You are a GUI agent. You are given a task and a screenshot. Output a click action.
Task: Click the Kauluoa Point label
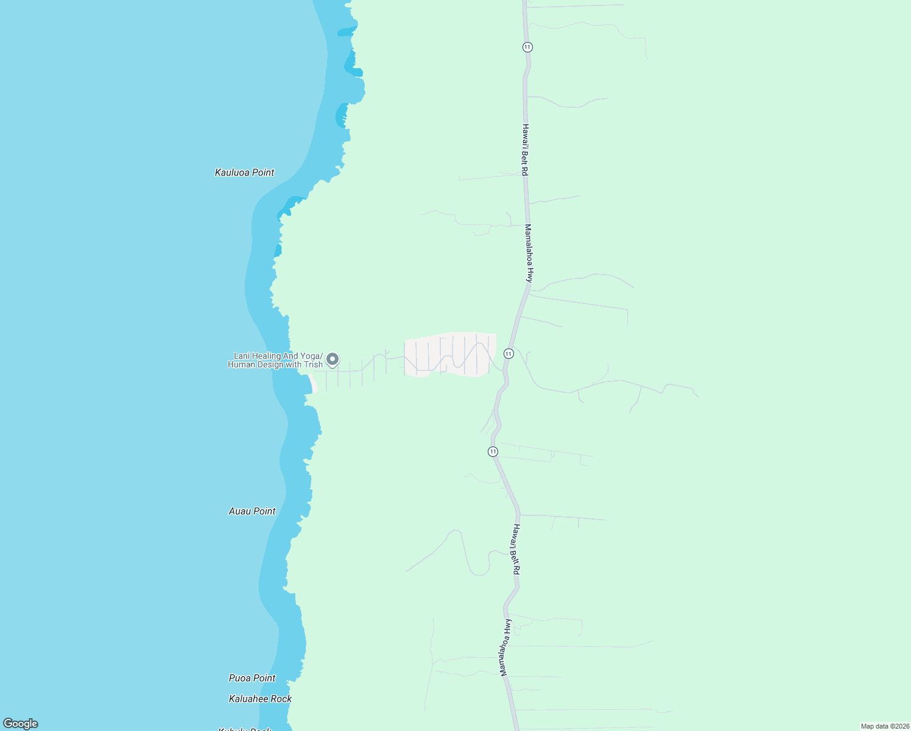[244, 172]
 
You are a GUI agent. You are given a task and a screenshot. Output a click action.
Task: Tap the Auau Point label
[252, 511]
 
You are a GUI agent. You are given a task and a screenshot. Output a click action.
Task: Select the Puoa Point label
[252, 678]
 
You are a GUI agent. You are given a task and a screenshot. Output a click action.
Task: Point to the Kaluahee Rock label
[260, 699]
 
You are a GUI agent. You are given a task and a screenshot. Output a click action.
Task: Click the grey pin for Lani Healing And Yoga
[332, 359]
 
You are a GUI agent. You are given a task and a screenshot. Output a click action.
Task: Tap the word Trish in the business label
[313, 365]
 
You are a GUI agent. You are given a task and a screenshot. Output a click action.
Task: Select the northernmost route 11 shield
[527, 47]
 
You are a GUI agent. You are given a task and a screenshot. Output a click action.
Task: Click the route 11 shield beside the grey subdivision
[508, 353]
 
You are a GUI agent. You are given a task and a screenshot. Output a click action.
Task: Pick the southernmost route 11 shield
[493, 451]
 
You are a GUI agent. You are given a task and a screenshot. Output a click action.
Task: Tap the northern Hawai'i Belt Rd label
[525, 150]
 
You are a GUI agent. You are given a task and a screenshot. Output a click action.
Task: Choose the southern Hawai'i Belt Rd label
[516, 549]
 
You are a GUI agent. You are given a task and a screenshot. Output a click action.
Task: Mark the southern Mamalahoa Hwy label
[504, 648]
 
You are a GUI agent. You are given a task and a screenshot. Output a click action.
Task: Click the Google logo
[21, 724]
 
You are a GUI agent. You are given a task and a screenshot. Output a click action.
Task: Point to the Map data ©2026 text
[885, 726]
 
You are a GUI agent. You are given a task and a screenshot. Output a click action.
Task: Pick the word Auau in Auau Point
[239, 511]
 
